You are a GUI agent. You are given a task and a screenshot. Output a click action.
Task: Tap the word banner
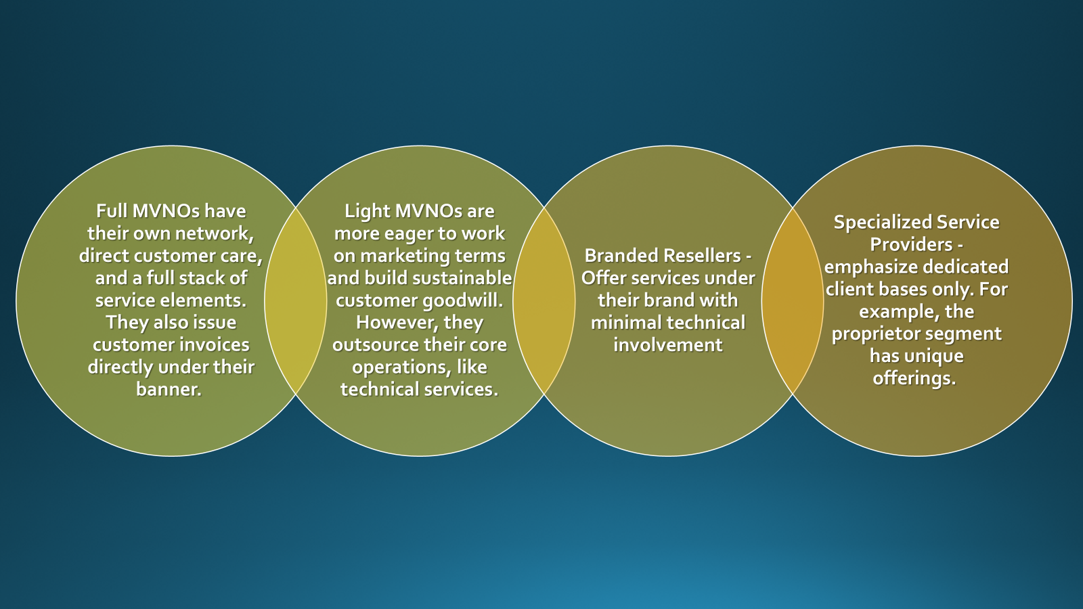[169, 389]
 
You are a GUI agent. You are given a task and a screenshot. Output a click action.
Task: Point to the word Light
[367, 212]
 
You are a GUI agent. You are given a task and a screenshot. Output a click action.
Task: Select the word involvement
[668, 344]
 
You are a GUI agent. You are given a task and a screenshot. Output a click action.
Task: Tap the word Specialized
[883, 223]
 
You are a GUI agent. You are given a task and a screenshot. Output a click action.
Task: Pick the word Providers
[911, 244]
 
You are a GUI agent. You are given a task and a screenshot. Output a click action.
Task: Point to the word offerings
[914, 378]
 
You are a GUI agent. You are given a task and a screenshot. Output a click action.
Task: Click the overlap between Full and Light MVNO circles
[296, 300]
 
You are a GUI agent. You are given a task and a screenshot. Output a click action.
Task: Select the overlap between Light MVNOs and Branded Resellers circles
[544, 300]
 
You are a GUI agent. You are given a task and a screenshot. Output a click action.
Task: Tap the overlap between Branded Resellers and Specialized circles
[793, 300]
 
